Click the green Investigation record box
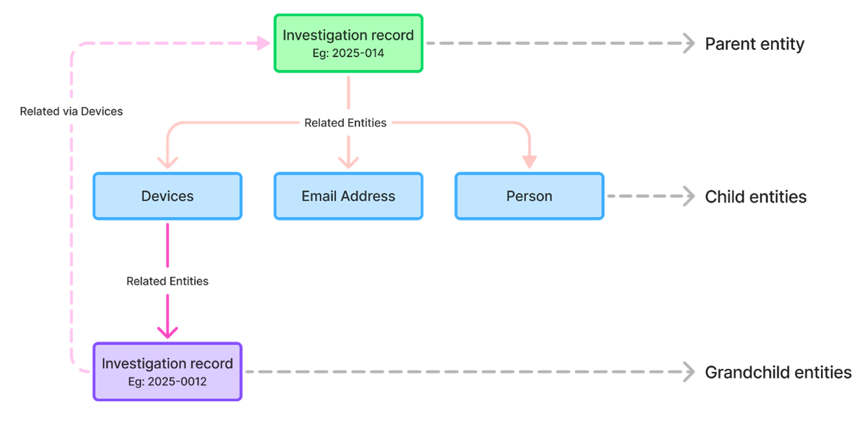(348, 43)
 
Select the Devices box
(167, 196)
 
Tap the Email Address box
(348, 196)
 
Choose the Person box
(530, 196)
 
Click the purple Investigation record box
(167, 371)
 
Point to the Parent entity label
(755, 44)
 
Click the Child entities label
(756, 197)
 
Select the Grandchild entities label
(778, 373)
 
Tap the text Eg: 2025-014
(348, 53)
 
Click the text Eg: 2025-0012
(167, 382)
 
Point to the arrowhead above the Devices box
(168, 162)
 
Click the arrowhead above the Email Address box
(348, 162)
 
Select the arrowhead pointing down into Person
(530, 162)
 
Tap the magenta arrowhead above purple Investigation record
(167, 331)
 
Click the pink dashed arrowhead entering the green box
(263, 43)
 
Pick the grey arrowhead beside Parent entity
(688, 43)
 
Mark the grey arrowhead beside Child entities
(688, 196)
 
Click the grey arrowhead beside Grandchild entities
(688, 372)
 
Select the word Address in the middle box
(371, 196)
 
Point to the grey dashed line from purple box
(454, 372)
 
